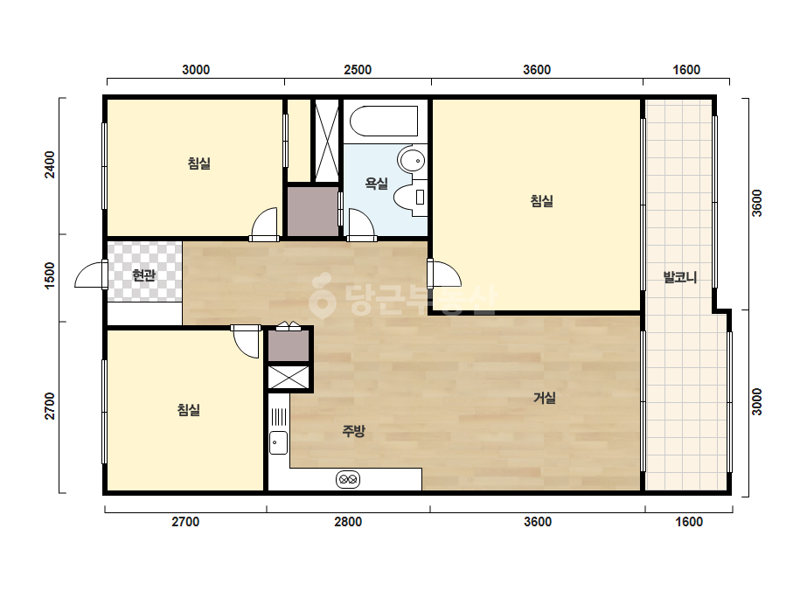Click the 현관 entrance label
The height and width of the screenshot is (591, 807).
click(x=143, y=275)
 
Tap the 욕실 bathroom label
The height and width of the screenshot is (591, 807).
click(x=376, y=184)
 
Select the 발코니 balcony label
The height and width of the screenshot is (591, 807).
click(x=680, y=277)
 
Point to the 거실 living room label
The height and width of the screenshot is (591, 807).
click(x=544, y=398)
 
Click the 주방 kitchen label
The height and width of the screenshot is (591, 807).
click(x=353, y=430)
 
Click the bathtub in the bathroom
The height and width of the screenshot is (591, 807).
click(x=384, y=122)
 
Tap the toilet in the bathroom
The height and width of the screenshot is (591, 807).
click(x=410, y=198)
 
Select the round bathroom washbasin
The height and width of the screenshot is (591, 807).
click(x=412, y=160)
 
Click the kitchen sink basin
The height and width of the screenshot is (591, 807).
click(x=278, y=442)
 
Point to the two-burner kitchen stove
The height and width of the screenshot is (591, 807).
click(x=349, y=480)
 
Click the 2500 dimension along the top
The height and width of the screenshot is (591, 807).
click(x=358, y=69)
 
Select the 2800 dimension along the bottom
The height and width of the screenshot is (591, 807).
click(x=348, y=522)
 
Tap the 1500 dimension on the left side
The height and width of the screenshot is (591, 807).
click(x=50, y=275)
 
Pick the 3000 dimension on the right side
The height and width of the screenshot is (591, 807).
click(x=756, y=401)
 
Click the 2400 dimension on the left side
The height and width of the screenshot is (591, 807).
click(x=50, y=164)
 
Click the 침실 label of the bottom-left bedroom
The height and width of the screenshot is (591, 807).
click(x=188, y=410)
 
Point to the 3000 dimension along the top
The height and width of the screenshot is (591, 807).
click(x=196, y=69)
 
